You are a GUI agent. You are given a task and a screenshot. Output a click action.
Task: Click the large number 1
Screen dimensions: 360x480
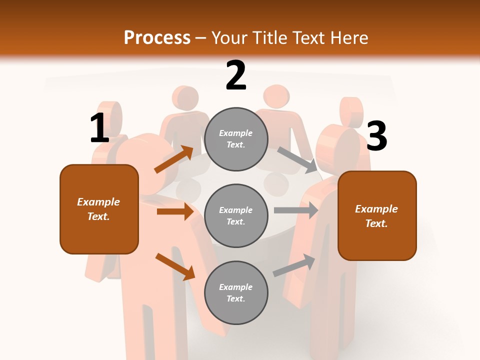point(99,128)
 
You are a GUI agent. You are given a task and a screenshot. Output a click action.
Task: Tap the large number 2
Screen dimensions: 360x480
point(236,76)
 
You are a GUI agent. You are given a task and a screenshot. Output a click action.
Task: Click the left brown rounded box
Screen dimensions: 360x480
point(99,209)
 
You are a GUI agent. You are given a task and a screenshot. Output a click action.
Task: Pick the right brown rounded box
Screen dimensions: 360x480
point(377,216)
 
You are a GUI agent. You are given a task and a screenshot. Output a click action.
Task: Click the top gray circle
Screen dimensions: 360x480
point(236,138)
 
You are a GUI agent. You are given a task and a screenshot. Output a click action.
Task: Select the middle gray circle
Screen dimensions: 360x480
point(236,215)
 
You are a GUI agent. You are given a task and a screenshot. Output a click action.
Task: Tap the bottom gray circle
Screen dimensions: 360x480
point(236,292)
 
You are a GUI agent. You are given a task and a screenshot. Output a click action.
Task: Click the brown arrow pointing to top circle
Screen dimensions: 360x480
point(174,159)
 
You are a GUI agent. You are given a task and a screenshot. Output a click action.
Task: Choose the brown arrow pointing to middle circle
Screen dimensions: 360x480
point(175,211)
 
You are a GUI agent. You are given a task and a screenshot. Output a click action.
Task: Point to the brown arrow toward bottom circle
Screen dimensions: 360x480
point(175,266)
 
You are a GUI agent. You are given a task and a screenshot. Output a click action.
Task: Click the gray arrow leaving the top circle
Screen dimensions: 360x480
point(296,159)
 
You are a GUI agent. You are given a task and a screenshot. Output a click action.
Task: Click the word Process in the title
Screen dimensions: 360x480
point(157,38)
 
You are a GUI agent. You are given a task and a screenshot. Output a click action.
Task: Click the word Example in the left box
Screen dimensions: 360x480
point(98,202)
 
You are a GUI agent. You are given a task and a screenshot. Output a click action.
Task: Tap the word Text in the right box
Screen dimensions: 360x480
point(376,223)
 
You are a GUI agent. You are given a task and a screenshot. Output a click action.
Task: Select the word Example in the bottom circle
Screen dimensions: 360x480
point(235,287)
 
